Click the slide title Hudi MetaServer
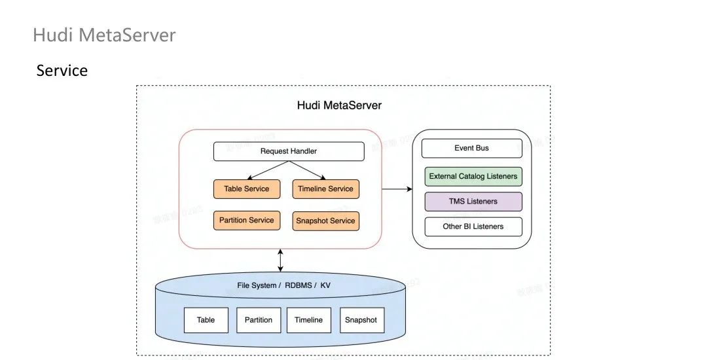(x=104, y=35)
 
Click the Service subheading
(x=62, y=71)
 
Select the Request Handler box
(x=289, y=151)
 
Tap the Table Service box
(x=247, y=189)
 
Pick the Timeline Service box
(x=325, y=189)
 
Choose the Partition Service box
(x=247, y=220)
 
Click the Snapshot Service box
(x=325, y=221)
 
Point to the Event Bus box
(x=471, y=149)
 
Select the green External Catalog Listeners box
(x=473, y=176)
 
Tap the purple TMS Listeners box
(x=473, y=202)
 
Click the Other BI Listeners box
(x=473, y=226)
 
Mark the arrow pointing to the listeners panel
(x=397, y=189)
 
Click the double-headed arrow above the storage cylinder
(x=281, y=260)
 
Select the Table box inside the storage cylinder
(x=206, y=320)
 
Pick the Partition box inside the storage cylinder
(x=259, y=320)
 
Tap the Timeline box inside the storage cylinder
(x=308, y=320)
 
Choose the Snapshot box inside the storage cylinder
(x=361, y=320)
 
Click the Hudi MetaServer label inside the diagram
(x=339, y=105)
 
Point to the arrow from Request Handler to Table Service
(x=268, y=170)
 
